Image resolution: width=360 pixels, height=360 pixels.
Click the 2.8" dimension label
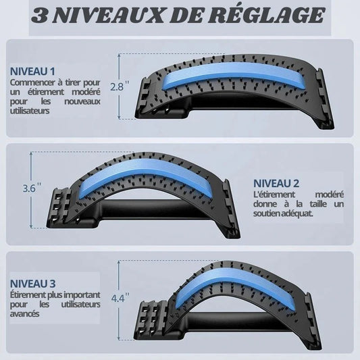(117, 86)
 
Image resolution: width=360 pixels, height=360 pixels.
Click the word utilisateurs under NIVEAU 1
(29, 110)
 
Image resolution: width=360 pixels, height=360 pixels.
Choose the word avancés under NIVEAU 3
(25, 313)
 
